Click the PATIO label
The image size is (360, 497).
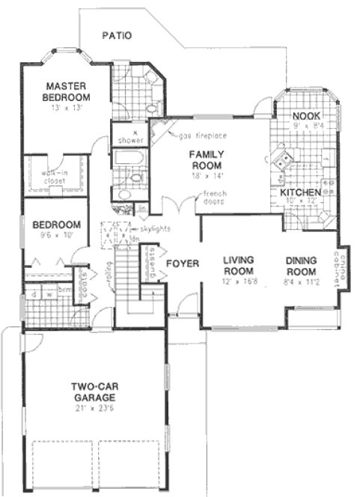pos(118,34)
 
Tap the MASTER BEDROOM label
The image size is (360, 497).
pos(66,91)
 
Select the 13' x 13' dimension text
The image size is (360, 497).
pos(66,108)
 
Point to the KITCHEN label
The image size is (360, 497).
pos(301,192)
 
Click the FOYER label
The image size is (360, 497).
pos(181,263)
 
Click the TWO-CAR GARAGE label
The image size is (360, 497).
pos(93,391)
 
